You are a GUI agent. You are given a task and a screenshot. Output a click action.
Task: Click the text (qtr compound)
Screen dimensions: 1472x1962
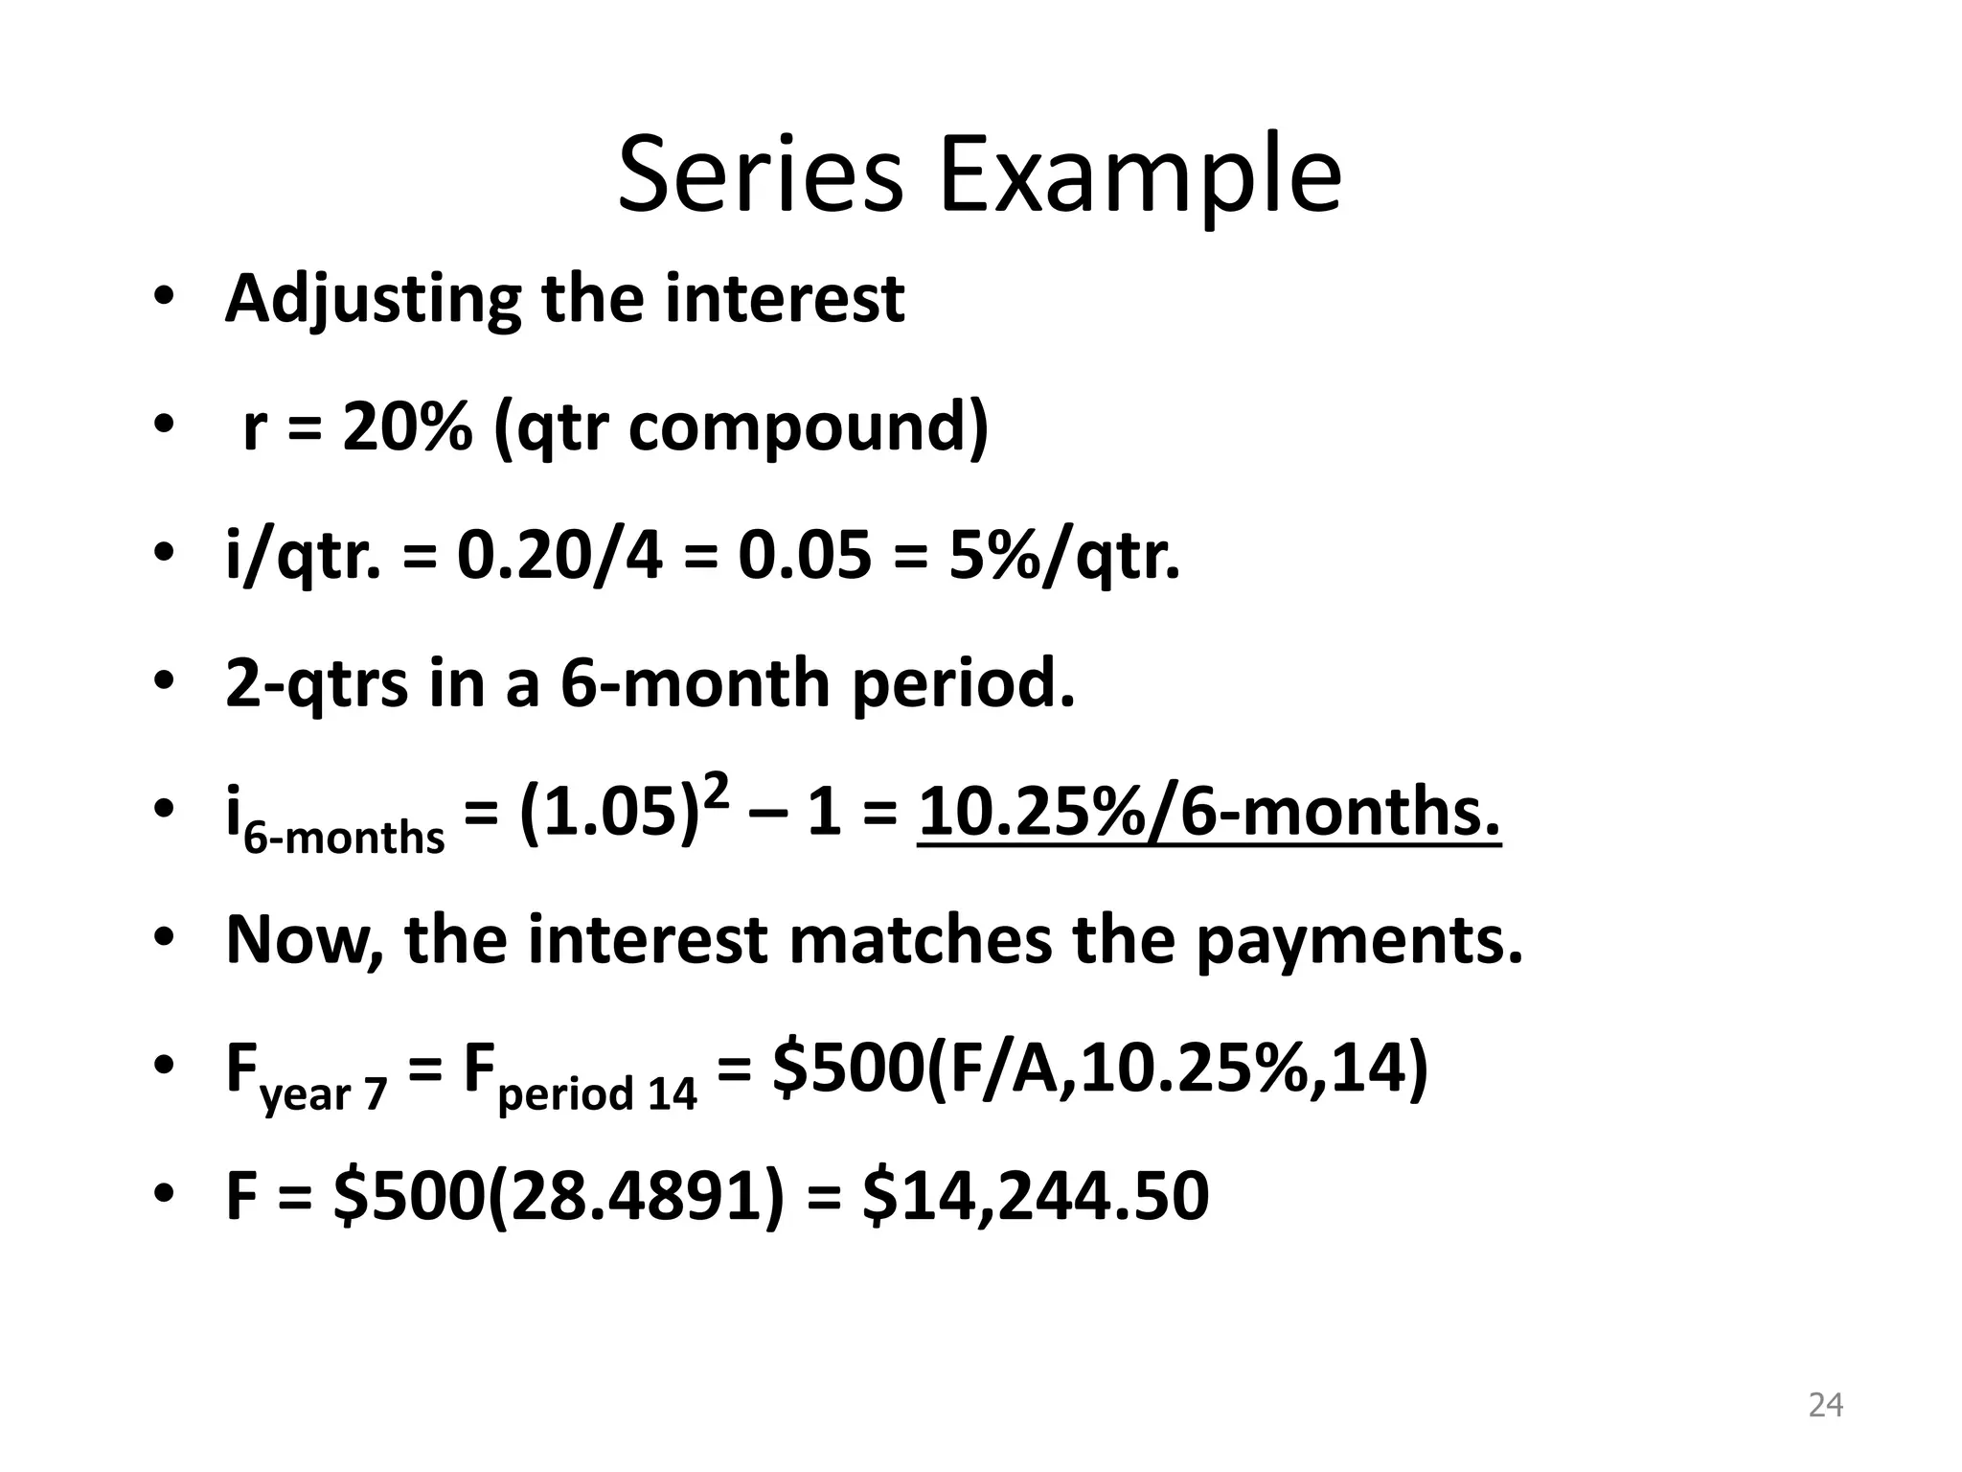pyautogui.click(x=741, y=428)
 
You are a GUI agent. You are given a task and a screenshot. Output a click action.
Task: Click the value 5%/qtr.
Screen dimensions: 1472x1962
pyautogui.click(x=1063, y=556)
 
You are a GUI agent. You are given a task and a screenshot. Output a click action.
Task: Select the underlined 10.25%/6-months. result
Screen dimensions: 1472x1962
pyautogui.click(x=1209, y=812)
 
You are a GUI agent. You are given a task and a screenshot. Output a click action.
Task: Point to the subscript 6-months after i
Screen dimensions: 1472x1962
pyautogui.click(x=344, y=838)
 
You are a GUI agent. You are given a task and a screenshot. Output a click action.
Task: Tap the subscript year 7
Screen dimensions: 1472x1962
pyautogui.click(x=324, y=1093)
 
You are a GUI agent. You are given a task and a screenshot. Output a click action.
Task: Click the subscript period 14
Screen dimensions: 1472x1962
pyautogui.click(x=597, y=1093)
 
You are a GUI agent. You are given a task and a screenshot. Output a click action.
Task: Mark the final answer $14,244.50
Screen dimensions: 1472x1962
pyautogui.click(x=1036, y=1197)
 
